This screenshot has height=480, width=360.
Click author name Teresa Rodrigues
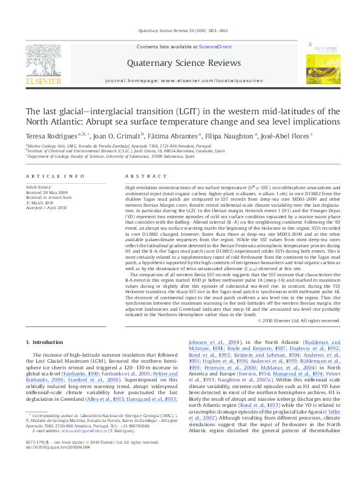[x=51, y=136]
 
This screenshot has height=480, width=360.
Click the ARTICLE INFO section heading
[x=55, y=176]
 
